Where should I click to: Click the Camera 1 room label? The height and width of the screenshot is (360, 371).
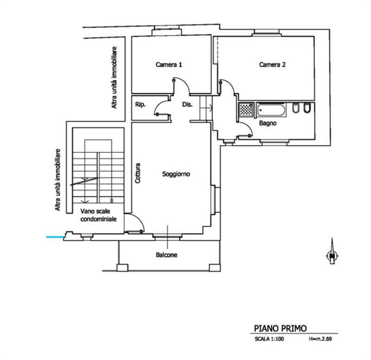(x=169, y=64)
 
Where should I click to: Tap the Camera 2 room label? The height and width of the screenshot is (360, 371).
(x=272, y=64)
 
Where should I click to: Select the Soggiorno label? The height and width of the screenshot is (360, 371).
(x=176, y=174)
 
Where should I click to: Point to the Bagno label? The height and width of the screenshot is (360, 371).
(x=268, y=123)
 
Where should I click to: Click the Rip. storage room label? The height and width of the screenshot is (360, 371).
(x=141, y=105)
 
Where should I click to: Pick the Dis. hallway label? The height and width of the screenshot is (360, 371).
(x=187, y=104)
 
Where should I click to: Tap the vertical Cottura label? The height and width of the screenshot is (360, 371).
(x=137, y=173)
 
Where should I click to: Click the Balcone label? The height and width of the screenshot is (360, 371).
(x=166, y=255)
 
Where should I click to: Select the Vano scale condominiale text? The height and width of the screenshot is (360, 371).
(x=98, y=215)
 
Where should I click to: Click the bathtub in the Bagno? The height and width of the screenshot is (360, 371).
(x=271, y=110)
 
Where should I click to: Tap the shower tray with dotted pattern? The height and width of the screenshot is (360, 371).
(x=246, y=109)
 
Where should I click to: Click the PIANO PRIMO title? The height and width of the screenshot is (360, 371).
(x=280, y=328)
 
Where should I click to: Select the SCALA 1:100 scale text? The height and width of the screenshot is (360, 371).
(x=269, y=339)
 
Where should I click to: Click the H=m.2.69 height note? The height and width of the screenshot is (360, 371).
(x=320, y=339)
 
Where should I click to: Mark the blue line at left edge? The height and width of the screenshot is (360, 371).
(x=55, y=237)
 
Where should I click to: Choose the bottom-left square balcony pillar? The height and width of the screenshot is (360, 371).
(x=122, y=268)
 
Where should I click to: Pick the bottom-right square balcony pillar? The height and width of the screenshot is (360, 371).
(x=215, y=268)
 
